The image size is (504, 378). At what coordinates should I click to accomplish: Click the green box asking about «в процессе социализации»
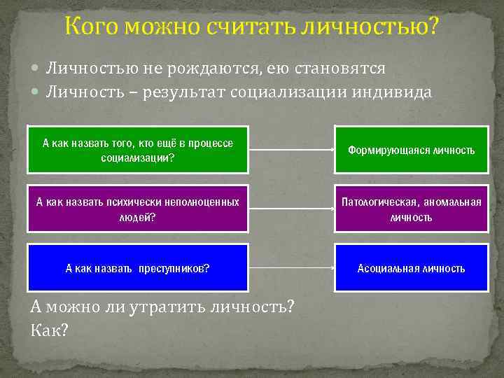point(138,150)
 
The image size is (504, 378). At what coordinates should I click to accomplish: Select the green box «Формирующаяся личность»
point(411,150)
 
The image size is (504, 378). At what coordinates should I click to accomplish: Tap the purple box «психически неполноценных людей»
point(138,209)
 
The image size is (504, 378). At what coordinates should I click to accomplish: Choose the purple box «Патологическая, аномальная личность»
point(411,209)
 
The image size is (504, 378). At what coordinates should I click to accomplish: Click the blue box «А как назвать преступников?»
point(138,267)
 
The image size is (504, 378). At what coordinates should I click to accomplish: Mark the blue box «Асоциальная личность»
point(411,267)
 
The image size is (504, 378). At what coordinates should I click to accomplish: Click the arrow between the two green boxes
point(291,150)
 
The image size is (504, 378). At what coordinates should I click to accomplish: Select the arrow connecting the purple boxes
point(291,209)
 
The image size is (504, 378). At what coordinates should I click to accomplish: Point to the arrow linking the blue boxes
point(291,267)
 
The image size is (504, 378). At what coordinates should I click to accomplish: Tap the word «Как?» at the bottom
point(50,329)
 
